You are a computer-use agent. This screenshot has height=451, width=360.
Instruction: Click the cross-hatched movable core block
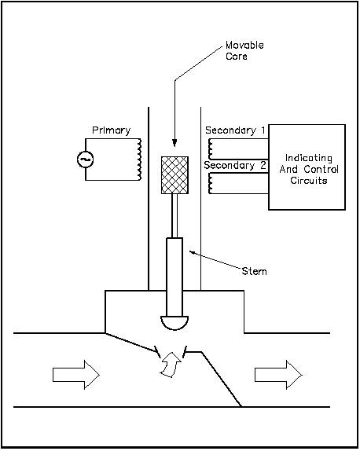174,175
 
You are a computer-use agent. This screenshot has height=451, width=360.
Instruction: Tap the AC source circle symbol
86,159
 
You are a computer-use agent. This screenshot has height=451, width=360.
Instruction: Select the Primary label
112,130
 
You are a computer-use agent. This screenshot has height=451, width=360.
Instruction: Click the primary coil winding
139,159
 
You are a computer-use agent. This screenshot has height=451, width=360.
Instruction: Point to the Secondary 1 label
235,130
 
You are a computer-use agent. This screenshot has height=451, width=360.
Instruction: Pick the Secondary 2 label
235,165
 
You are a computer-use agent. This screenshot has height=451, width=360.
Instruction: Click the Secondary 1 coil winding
211,149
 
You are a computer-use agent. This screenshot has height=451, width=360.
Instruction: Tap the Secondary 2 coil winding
211,183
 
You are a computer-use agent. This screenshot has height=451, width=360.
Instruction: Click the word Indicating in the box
309,158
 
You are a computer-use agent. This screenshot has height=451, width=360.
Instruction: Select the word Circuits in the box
309,181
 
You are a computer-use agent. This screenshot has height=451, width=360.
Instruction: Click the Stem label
255,271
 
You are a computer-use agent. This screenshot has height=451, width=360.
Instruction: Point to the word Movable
244,45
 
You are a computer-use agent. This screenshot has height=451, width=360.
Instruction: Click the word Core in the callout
237,56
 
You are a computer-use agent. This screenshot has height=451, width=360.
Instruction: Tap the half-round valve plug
174,322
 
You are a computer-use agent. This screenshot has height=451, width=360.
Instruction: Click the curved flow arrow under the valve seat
171,365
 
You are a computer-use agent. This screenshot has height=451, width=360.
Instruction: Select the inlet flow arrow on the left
76,375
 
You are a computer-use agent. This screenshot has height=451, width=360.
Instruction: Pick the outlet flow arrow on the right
278,375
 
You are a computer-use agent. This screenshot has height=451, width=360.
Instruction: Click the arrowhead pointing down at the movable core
174,143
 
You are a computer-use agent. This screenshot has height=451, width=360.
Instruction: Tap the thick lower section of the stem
174,277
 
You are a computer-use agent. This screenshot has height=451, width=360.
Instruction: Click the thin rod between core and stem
174,216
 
